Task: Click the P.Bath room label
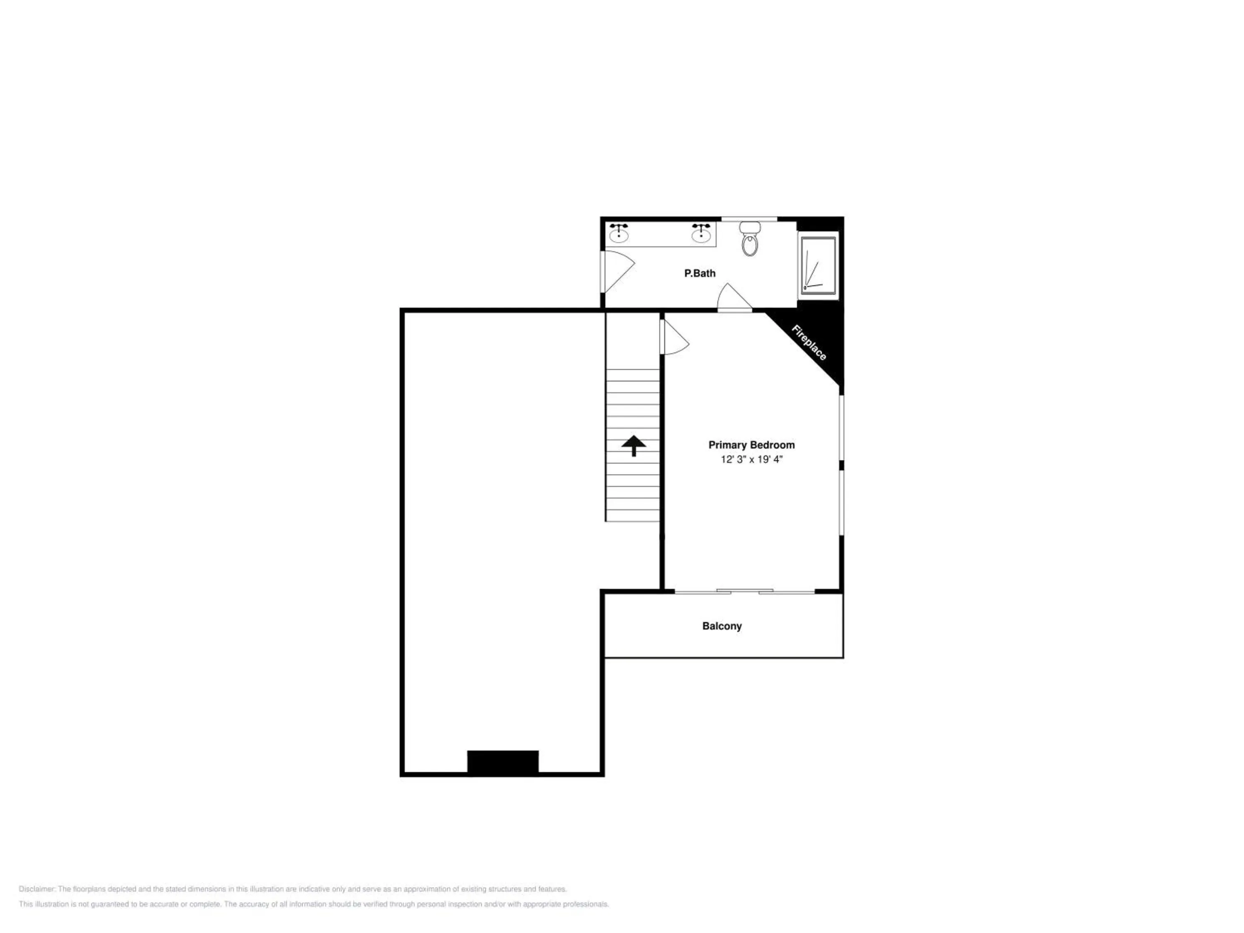pos(700,273)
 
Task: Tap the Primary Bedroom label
pos(751,445)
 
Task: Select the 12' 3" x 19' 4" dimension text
pos(751,459)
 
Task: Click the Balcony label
pos(722,626)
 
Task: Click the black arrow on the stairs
pos(634,445)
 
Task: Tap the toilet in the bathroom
pos(750,238)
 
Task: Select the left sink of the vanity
pos(619,233)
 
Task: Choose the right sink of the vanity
pos(701,233)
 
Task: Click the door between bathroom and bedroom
pos(734,297)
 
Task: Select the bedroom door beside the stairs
pos(674,337)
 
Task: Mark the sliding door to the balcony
pos(745,592)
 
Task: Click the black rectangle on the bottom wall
pos(503,762)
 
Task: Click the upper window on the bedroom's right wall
pos(841,428)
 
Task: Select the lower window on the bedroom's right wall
pos(841,503)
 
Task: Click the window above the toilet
pos(749,219)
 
